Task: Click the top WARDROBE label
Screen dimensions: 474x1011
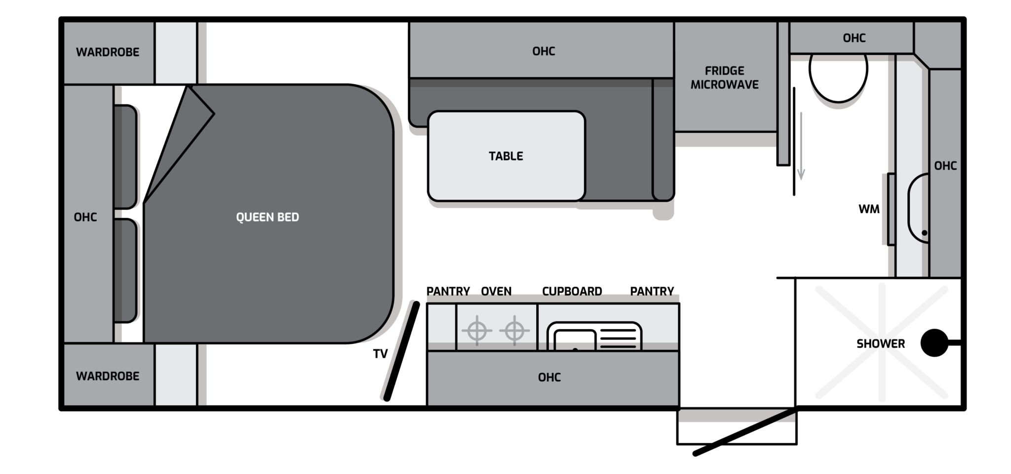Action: (x=108, y=52)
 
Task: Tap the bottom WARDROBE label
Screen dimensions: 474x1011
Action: (x=108, y=376)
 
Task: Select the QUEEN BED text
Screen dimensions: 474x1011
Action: (x=268, y=217)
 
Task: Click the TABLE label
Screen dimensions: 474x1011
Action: (x=506, y=156)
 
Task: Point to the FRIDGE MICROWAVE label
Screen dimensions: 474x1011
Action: (x=724, y=78)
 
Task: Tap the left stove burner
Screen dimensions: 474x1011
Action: (x=476, y=330)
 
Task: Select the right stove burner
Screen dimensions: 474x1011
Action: (x=514, y=330)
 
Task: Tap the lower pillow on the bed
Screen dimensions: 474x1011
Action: (x=125, y=271)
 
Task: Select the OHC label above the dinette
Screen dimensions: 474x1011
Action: (x=544, y=51)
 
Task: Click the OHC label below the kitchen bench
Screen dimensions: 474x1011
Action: (x=549, y=378)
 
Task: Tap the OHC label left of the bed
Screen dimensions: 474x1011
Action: (x=85, y=217)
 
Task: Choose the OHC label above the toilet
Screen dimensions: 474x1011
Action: (x=854, y=38)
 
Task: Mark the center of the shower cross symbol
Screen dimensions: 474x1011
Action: (x=882, y=342)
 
